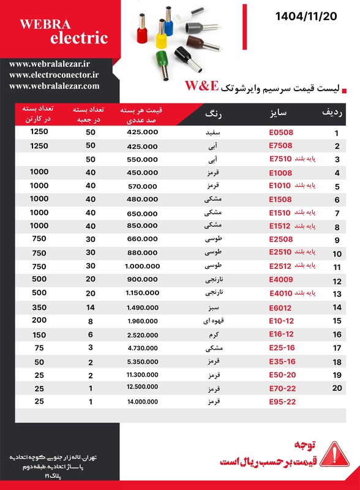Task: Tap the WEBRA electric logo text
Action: [x=63, y=31]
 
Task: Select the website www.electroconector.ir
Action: [x=54, y=75]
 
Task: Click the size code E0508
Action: [x=281, y=132]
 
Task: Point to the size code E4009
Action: [x=281, y=280]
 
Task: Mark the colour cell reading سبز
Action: [x=214, y=307]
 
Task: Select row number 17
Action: [x=336, y=349]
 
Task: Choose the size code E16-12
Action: [x=281, y=334]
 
